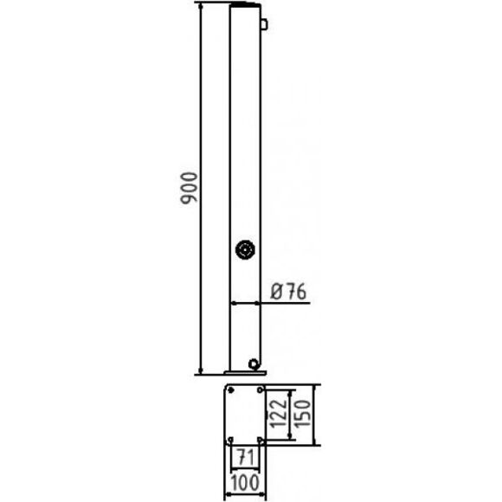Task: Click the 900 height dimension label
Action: tap(189, 189)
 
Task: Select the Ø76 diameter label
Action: tap(288, 292)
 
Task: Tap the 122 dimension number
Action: tap(278, 413)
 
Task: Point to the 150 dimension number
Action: tap(302, 413)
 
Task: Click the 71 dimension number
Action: tap(245, 457)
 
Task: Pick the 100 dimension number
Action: tap(245, 482)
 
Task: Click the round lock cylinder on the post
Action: tap(245, 249)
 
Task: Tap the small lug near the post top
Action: tap(264, 24)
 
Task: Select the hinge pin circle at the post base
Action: tap(254, 364)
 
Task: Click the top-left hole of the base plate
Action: tap(230, 390)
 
